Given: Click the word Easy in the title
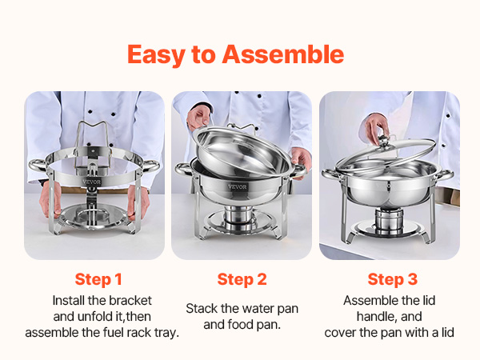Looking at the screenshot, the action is coord(156,55).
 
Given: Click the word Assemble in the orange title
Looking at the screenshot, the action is coord(283,54).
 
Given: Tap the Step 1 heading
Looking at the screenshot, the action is coord(98,279).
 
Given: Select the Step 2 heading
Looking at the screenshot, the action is coord(242,279).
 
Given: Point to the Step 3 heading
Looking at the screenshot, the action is coord(393,279).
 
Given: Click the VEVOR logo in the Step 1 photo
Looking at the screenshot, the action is coord(91,182).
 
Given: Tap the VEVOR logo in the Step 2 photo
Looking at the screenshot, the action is coord(238,186).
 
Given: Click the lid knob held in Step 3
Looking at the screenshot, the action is coord(382,140).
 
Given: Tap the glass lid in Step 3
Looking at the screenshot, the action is coord(386,154).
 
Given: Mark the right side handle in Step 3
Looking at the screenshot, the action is coord(445,175).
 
